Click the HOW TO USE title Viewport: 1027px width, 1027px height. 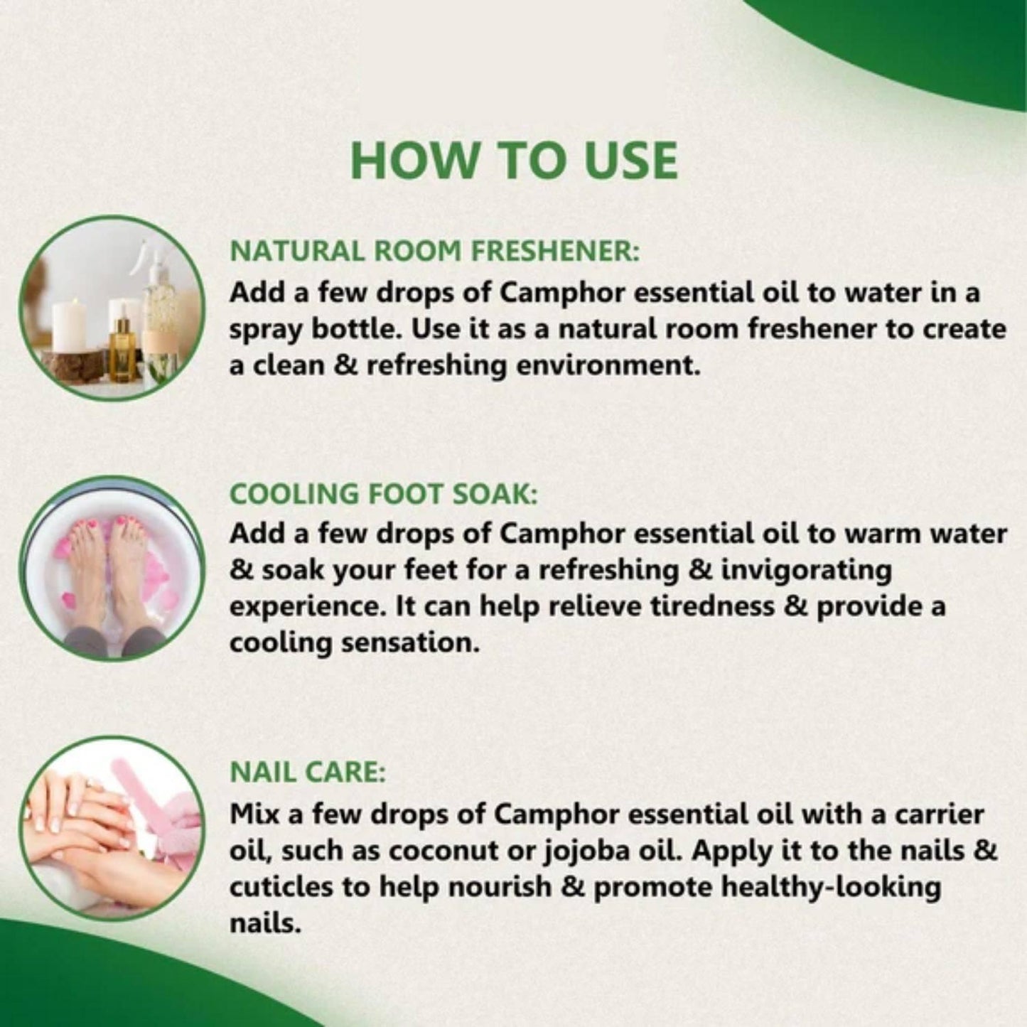[x=513, y=161]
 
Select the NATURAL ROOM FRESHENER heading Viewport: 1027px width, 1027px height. [x=435, y=252]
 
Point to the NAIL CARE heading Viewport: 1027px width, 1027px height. [x=307, y=773]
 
